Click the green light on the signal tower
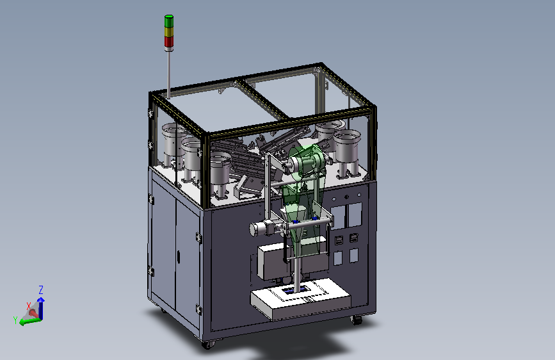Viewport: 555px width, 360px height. pyautogui.click(x=169, y=21)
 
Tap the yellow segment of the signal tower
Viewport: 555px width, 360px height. pyautogui.click(x=169, y=31)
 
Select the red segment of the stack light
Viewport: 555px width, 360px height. pyautogui.click(x=169, y=41)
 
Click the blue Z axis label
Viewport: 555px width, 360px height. pyautogui.click(x=41, y=290)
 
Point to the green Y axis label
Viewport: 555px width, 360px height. pyautogui.click(x=15, y=320)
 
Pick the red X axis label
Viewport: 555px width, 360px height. pyautogui.click(x=29, y=306)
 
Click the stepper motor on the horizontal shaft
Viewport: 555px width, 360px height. pyautogui.click(x=261, y=228)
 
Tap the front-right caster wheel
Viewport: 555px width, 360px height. pyautogui.click(x=357, y=320)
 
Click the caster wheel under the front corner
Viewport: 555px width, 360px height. pyautogui.click(x=208, y=345)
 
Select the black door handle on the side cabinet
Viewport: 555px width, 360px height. pyautogui.click(x=179, y=257)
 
